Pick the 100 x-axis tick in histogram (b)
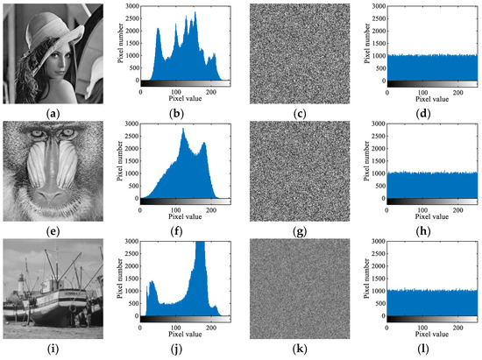(176, 90)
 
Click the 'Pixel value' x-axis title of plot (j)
(177, 339)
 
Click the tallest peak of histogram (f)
(183, 131)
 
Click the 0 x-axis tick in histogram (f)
(141, 210)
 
